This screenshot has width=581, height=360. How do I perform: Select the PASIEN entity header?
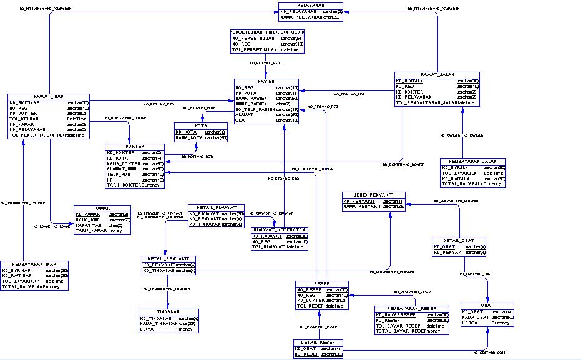[x=266, y=81]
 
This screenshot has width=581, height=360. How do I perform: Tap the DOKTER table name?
[x=135, y=146]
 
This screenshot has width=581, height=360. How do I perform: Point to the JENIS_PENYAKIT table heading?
[x=373, y=195]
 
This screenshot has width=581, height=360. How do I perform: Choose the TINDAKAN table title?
[x=168, y=311]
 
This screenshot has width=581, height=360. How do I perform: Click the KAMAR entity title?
[x=102, y=207]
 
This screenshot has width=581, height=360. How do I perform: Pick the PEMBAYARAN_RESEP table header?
[x=411, y=308]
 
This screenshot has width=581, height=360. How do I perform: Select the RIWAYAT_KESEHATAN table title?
[x=279, y=230]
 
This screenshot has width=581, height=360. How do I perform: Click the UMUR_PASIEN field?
[x=251, y=104]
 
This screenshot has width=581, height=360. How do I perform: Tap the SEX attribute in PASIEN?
[x=240, y=120]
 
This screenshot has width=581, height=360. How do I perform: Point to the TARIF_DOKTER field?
[x=124, y=185]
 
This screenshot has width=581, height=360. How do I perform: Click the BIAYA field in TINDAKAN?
[x=147, y=329]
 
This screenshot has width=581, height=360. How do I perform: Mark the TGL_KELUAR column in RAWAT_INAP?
[x=23, y=119]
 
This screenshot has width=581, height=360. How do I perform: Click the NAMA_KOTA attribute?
[x=189, y=137]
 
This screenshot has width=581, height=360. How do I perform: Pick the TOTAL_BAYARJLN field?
[x=462, y=184]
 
